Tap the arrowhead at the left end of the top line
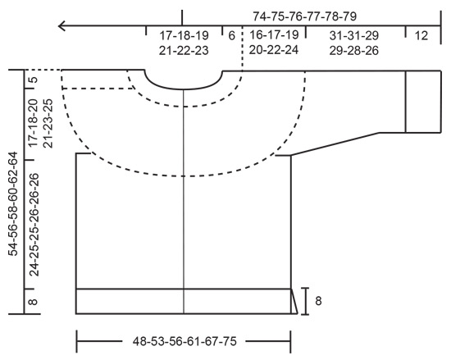pos(62,27)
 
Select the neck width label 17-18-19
pos(184,36)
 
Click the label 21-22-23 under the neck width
pos(184,50)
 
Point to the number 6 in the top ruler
pos(232,36)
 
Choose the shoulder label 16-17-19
pos(274,36)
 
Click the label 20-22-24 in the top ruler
pos(274,50)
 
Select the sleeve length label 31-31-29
pos(354,36)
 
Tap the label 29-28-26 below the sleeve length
pos(354,50)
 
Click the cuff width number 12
pos(421,36)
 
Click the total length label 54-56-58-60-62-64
pos(13,203)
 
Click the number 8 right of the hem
pos(318,301)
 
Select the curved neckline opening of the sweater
pos(184,80)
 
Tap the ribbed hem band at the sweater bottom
pos(183,301)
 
